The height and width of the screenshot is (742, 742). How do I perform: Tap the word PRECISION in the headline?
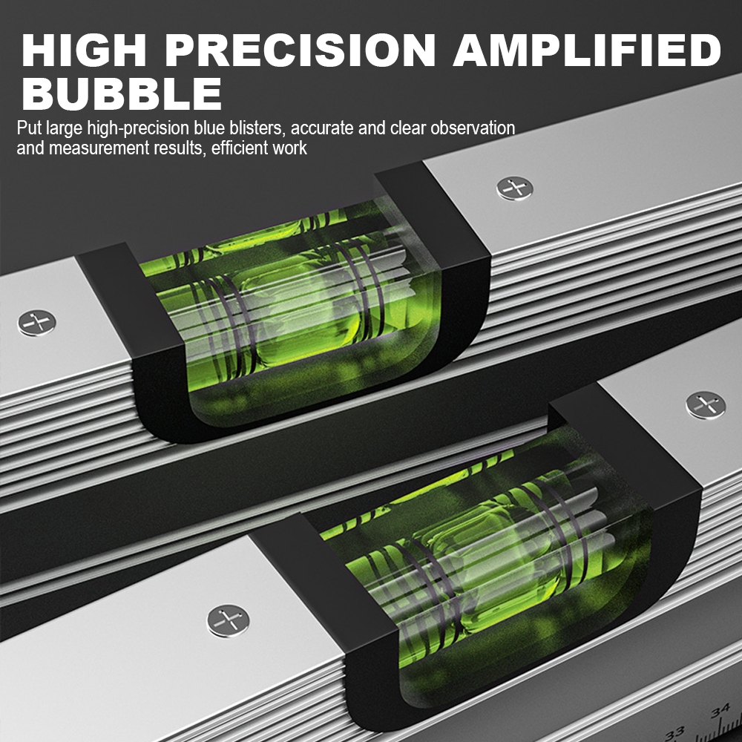(x=299, y=50)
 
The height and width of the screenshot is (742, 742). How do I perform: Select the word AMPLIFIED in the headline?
(x=586, y=50)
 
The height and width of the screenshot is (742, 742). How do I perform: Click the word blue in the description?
(x=211, y=128)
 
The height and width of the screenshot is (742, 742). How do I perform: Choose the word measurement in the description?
(x=96, y=148)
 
